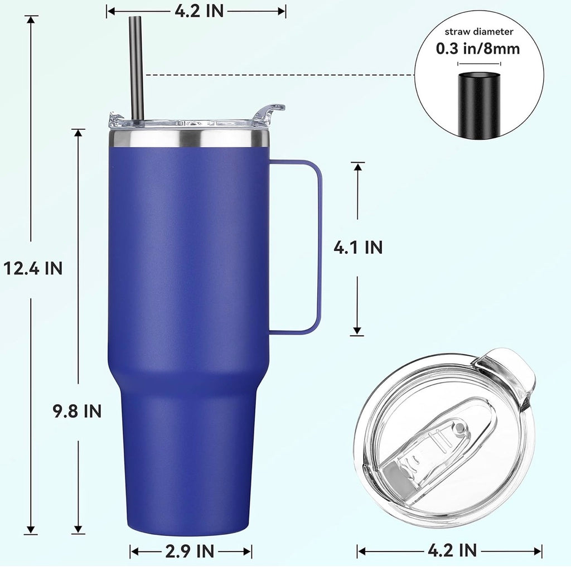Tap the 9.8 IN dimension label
[77, 412]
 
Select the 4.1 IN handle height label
[358, 247]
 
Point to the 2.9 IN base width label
[190, 551]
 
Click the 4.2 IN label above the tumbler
[197, 11]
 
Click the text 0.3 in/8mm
[478, 49]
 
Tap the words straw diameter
[478, 32]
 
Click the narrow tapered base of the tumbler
[188, 457]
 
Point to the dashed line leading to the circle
[279, 75]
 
